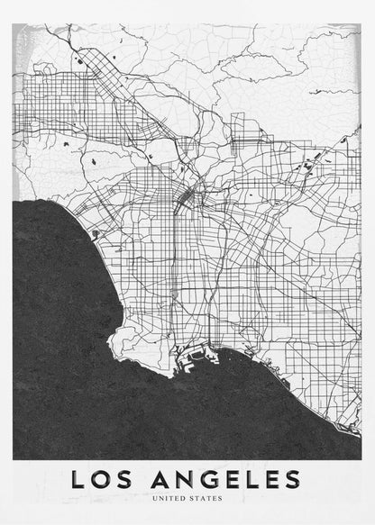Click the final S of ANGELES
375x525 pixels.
[292, 478]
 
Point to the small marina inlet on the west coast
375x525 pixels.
[96, 234]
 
